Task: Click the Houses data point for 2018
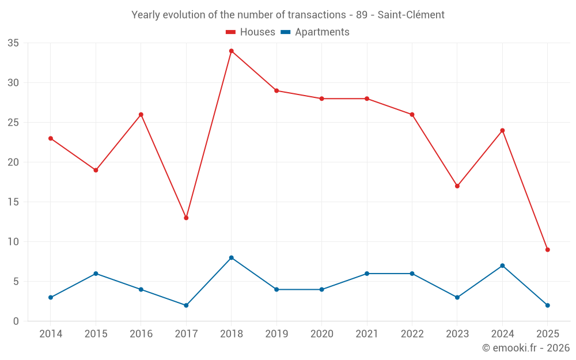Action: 232,51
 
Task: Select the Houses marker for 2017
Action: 186,218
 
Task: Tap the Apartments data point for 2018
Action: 232,257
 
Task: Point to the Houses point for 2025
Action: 548,249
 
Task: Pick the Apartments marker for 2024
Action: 502,266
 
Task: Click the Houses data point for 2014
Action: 51,138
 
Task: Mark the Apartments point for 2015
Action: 96,274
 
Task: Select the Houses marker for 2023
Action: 457,186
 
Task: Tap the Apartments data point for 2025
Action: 548,305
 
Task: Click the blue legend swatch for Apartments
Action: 285,32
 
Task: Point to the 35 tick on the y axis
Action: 13,43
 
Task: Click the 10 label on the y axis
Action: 13,242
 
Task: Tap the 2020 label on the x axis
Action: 321,334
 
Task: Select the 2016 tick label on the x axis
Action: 141,334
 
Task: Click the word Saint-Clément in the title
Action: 411,15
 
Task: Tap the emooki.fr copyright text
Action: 525,348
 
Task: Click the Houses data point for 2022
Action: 412,115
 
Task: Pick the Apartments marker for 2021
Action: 367,274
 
